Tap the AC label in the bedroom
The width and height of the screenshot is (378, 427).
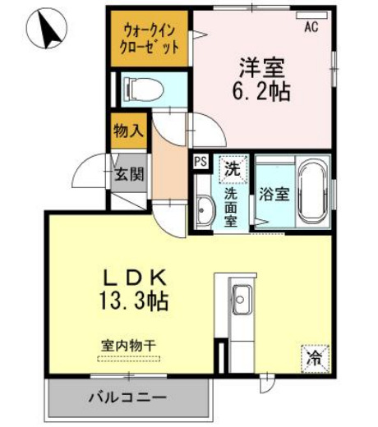pyautogui.click(x=311, y=27)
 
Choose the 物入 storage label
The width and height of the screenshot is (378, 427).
pyautogui.click(x=128, y=131)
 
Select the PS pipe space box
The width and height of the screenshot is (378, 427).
pyautogui.click(x=201, y=162)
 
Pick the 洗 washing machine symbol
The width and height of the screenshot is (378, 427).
pyautogui.click(x=233, y=169)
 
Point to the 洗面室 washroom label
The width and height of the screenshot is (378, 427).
pyautogui.click(x=233, y=206)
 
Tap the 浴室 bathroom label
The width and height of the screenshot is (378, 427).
pyautogui.click(x=274, y=195)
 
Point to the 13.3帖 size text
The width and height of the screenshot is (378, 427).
pyautogui.click(x=135, y=301)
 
